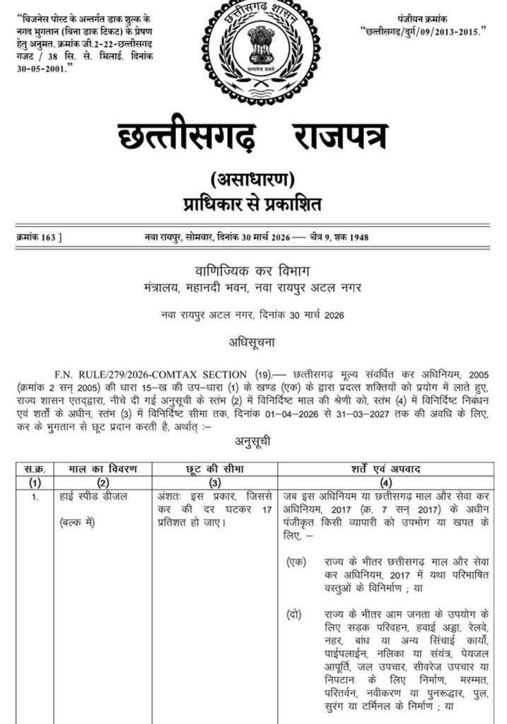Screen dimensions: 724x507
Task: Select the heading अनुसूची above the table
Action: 253,443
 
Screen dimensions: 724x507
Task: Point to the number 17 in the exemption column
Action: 266,510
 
